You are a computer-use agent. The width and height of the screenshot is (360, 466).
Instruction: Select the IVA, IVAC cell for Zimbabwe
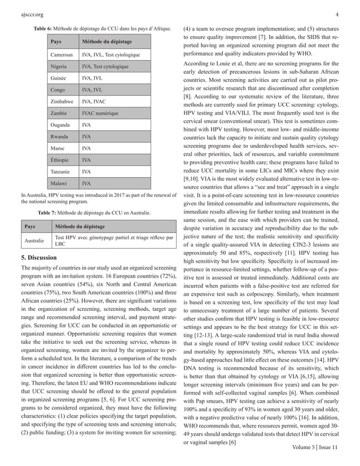(x=96, y=101)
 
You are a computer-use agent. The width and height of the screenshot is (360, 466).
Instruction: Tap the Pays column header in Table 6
(x=56, y=42)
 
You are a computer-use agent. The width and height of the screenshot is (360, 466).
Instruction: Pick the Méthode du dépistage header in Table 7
(x=80, y=226)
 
